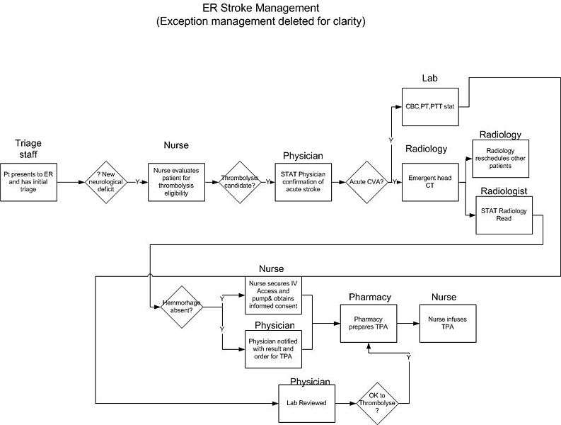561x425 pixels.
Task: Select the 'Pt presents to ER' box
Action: pos(28,182)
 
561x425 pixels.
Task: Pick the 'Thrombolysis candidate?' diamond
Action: pos(241,182)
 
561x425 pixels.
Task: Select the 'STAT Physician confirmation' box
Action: pos(303,182)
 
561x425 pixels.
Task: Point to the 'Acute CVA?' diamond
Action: pos(366,182)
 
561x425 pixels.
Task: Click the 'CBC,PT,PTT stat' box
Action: pos(429,106)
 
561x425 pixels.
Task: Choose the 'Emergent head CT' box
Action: pos(429,182)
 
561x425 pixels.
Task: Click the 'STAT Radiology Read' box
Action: pos(503,215)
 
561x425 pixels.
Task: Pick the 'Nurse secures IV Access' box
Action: pos(273,295)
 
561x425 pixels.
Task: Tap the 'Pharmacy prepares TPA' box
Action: pos(369,322)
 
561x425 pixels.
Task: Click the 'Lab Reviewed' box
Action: pos(306,403)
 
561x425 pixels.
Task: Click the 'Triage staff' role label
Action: pos(28,149)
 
